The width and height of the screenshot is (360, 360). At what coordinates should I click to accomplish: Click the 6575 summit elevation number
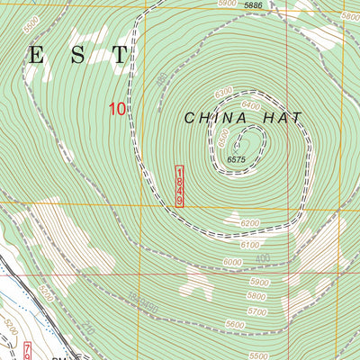[x=236, y=159]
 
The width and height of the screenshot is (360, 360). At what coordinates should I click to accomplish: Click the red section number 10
[x=116, y=108]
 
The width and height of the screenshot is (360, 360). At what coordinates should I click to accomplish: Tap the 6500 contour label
[x=223, y=137]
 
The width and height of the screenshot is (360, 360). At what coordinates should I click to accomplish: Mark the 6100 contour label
[x=251, y=245]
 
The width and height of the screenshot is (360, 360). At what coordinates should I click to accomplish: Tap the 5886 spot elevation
[x=253, y=5]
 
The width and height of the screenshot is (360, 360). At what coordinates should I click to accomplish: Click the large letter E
[x=37, y=55]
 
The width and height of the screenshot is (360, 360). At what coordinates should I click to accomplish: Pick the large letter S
[x=78, y=55]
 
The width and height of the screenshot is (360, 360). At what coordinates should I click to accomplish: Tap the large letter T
[x=120, y=55]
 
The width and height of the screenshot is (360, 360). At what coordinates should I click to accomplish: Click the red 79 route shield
[x=27, y=349]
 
